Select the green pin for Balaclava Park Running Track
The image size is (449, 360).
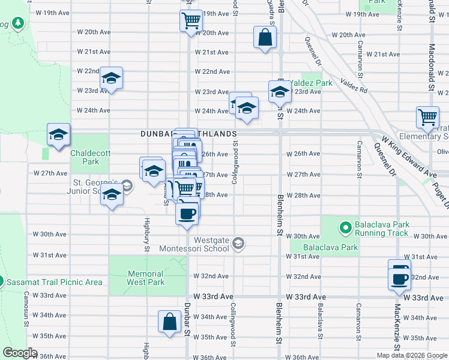[346, 228]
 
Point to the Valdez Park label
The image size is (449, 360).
[309, 83]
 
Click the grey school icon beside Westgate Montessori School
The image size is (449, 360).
[238, 243]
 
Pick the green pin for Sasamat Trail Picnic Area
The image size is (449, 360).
[1, 281]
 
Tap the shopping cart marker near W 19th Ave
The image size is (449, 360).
[191, 20]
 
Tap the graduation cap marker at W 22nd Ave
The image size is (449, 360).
[111, 78]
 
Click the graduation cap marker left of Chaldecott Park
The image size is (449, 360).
[59, 134]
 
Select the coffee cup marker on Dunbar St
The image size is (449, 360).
[187, 213]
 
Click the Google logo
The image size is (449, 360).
[20, 353]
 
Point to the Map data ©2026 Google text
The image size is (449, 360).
[411, 355]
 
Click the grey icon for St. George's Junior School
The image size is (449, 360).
[126, 184]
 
